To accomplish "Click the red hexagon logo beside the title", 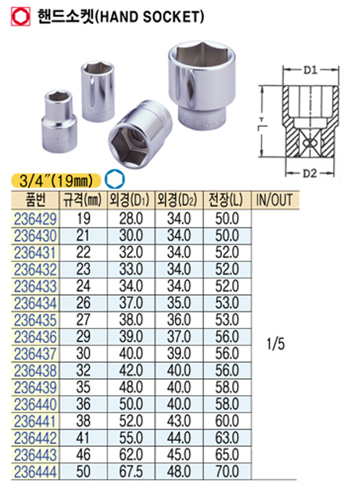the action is pos(21,16).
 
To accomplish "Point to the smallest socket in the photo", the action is pos(59,121).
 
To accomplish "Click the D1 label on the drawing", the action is pos(310,70).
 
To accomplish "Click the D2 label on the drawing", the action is pos(310,173).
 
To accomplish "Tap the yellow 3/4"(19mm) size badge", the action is pos(56,180).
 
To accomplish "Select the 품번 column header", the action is pos(35,200).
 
